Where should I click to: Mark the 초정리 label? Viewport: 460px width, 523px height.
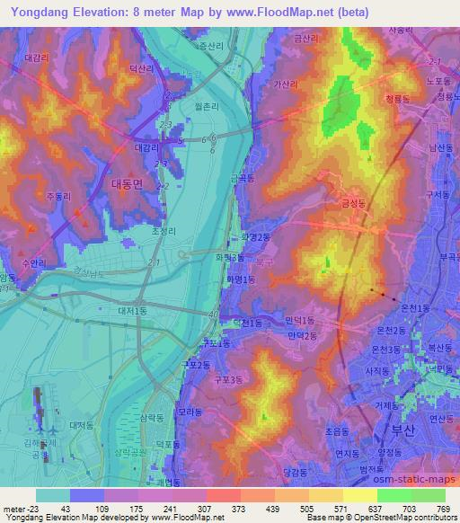pyautogui.click(x=163, y=230)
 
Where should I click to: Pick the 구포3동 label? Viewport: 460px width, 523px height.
pyautogui.click(x=229, y=380)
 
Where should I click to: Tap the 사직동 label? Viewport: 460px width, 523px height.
pyautogui.click(x=376, y=370)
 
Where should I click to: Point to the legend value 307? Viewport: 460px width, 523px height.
pyautogui.click(x=204, y=509)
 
